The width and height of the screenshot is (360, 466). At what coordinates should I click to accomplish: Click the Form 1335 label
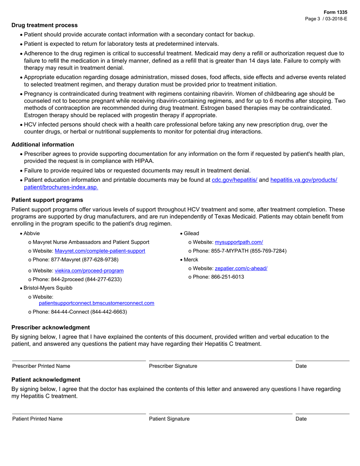tap(335, 13)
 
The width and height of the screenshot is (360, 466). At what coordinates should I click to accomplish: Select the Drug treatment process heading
tap(44, 25)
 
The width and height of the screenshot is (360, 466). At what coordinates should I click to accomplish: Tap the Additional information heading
tap(43, 145)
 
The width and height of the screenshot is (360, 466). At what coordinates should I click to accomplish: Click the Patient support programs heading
tap(47, 200)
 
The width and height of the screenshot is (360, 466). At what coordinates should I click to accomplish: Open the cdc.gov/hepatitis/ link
tap(234, 180)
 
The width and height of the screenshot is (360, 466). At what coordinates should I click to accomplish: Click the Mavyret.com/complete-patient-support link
tap(100, 251)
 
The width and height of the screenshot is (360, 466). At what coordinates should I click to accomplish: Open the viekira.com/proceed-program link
tap(89, 271)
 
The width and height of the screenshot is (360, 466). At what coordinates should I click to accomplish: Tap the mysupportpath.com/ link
tap(239, 242)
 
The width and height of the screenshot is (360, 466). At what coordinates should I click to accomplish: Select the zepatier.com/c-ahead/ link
tap(241, 268)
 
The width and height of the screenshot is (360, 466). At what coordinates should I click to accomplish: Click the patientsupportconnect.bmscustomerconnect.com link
tap(97, 303)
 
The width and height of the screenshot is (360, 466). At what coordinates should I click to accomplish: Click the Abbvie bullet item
tap(31, 233)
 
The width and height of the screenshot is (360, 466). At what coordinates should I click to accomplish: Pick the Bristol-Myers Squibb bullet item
tap(48, 288)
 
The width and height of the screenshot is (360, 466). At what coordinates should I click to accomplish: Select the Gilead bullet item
tap(191, 233)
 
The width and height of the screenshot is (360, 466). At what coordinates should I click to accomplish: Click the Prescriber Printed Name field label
tap(41, 366)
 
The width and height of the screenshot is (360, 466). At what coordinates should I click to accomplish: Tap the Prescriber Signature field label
tap(173, 366)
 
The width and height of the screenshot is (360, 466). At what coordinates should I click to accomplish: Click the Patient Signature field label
tap(169, 419)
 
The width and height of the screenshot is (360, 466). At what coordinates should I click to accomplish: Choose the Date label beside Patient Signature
tap(301, 419)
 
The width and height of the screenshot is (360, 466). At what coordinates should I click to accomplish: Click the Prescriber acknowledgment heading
tap(51, 327)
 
